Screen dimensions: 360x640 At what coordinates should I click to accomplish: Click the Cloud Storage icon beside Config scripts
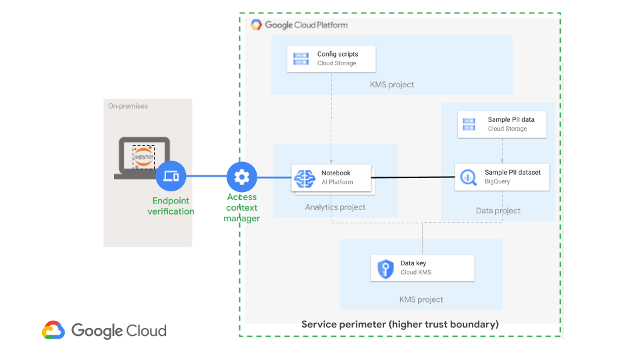pos(301,59)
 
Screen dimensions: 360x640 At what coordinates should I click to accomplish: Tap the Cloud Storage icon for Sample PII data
pos(469,124)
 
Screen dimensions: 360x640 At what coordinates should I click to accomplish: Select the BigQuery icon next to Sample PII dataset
pos(467,177)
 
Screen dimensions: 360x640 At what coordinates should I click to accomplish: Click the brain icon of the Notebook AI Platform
pos(305,178)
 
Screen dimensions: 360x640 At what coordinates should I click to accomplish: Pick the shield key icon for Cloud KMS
pos(385,268)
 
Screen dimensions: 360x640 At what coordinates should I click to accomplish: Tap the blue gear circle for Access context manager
pos(241,177)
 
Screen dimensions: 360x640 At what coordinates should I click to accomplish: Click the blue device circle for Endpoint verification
pos(171,177)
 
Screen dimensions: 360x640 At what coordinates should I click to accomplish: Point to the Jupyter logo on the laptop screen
pos(143,157)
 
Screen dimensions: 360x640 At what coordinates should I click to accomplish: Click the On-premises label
pos(128,106)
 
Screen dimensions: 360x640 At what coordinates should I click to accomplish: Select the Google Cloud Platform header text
pos(306,25)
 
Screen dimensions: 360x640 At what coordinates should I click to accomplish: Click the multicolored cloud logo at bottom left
pos(53,331)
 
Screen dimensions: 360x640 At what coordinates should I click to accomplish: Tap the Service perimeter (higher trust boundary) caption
pos(400,325)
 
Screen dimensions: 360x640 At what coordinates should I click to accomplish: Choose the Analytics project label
pos(335,207)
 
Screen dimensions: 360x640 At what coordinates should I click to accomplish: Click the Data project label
pos(498,211)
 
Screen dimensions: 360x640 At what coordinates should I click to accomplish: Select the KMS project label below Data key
pos(421,299)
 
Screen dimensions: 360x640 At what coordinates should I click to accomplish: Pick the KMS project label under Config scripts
pos(392,85)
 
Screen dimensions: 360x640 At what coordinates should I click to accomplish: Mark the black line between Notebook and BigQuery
pos(413,177)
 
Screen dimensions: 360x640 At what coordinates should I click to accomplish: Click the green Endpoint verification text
pos(171,206)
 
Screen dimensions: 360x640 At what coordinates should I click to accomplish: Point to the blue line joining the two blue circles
pos(205,177)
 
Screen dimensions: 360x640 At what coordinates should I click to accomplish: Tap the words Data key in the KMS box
pos(413,263)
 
